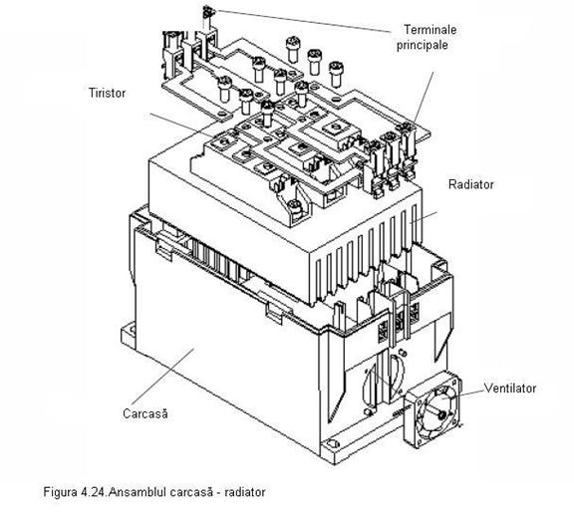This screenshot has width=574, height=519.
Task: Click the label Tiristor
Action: [x=107, y=93]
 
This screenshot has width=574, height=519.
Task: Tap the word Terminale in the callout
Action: [x=430, y=30]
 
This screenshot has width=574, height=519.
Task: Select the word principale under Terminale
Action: [x=423, y=45]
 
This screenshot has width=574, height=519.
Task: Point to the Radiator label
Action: [x=470, y=184]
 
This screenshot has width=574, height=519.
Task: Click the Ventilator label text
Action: [x=510, y=388]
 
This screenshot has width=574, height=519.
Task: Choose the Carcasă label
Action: [x=145, y=413]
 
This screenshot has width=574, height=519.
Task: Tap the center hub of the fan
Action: [x=441, y=414]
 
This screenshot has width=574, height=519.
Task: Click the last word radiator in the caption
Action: [x=245, y=491]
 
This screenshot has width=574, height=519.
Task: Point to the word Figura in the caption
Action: [x=59, y=492]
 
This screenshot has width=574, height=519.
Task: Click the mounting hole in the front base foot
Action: [x=333, y=444]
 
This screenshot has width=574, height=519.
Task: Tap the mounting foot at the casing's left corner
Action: [x=129, y=333]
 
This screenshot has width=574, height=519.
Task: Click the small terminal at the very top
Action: [x=208, y=12]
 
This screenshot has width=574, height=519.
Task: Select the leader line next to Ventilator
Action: [x=464, y=393]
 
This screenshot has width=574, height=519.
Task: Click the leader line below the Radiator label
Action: [x=424, y=217]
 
